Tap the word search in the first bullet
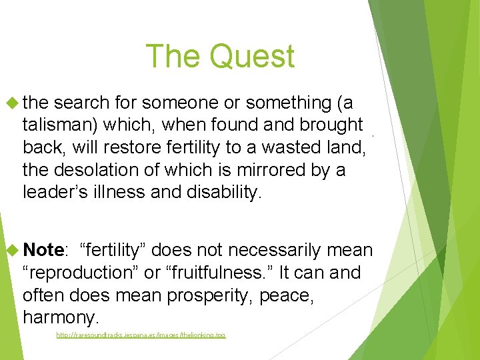click(87, 103)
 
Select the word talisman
click(55, 125)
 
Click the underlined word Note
click(44, 250)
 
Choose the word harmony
click(60, 317)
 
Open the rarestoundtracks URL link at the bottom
click(141, 335)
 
